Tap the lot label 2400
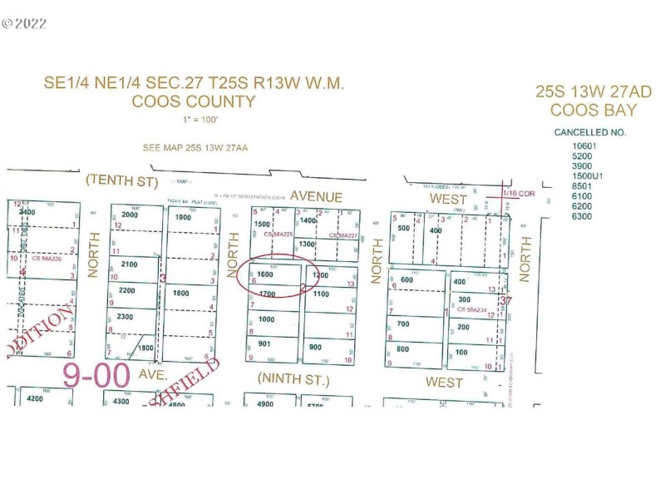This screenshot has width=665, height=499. (27, 212)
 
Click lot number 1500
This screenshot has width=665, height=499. (263, 224)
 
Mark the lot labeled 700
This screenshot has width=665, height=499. (404, 324)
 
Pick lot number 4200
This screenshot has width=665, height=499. (35, 398)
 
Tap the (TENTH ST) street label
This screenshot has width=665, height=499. (121, 180)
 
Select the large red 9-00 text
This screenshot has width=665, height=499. (96, 375)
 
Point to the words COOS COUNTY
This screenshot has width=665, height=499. (194, 102)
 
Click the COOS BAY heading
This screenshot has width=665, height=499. (593, 111)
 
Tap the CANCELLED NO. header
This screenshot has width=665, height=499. (589, 132)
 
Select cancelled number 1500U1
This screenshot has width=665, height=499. (587, 176)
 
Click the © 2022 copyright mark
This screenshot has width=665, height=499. (24, 23)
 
